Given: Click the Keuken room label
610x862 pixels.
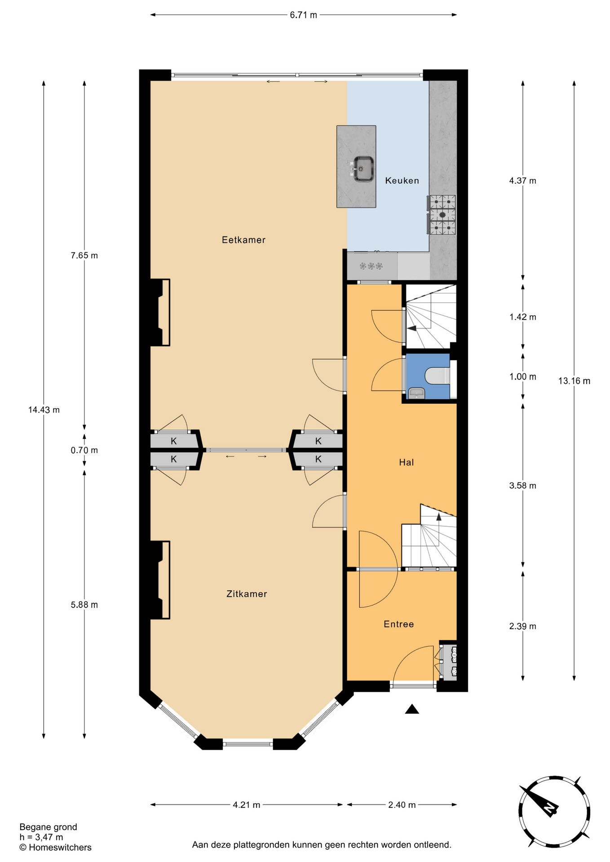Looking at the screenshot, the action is pos(402,180).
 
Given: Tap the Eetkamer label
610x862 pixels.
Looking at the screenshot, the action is pos(243,240).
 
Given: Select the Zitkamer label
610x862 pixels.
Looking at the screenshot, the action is pos(247,594).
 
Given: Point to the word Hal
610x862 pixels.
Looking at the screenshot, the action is pos(407,462).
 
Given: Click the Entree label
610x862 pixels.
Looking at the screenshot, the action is pos(399,624).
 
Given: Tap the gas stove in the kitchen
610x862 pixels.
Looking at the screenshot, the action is pos(442,215).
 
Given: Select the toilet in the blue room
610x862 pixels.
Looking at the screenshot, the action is pos(437,376).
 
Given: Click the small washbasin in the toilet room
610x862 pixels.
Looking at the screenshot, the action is pos(416,393).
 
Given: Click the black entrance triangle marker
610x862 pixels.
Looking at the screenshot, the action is pos(412,709).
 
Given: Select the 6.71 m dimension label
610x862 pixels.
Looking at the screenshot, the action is pos(303,15).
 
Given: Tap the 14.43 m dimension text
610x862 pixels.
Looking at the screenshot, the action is pos(44,409).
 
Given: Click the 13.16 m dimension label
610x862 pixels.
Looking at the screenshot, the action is pos(574,381).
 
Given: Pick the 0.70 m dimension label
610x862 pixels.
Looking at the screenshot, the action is pos(84,450).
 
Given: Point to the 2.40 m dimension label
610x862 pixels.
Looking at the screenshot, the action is pos(402,805).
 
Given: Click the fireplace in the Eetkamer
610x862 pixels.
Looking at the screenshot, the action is pos(160,312).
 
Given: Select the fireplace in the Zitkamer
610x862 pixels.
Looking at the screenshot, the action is pos(160,580).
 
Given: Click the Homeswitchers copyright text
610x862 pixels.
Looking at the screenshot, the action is pos(55,847).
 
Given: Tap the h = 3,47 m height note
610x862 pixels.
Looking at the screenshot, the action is pos(41,837).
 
